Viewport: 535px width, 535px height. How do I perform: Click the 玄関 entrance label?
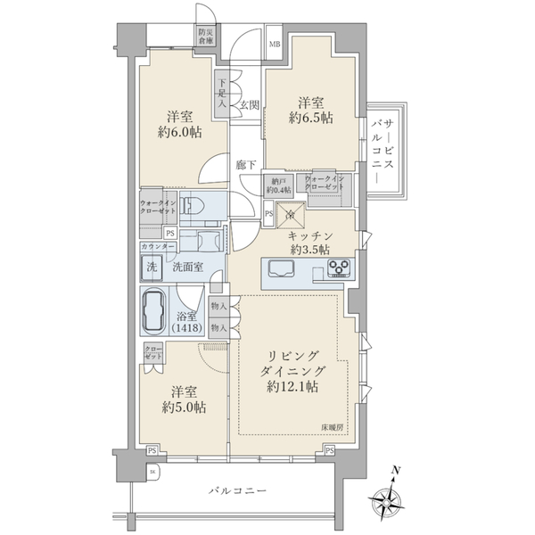(x=248, y=104)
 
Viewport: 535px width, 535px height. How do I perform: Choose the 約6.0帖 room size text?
(x=181, y=132)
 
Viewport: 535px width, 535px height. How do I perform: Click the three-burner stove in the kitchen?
(x=339, y=269)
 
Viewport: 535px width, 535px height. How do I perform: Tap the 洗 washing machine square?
(x=148, y=265)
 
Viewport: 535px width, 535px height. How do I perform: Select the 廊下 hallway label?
(x=246, y=165)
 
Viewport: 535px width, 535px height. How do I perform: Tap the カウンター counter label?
(x=157, y=245)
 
